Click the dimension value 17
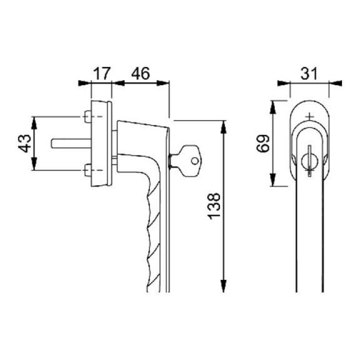coord(102,74)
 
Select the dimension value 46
coord(140,74)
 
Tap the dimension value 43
coord(24,144)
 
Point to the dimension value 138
coord(214,206)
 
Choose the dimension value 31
coord(309,74)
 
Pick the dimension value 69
coord(262,144)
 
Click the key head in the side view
coord(189,161)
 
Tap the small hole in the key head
coord(195,161)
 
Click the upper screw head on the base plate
coord(87,117)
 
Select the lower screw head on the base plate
coord(87,170)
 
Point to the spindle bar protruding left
coord(71,144)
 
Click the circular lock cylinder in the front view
coord(309,161)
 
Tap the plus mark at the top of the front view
coord(309,116)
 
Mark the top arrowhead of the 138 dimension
coord(223,127)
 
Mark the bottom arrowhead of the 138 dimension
coord(223,286)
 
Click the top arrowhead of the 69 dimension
coord(272,107)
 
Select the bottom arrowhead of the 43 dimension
coord(34,164)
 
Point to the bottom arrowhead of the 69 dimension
coord(272,180)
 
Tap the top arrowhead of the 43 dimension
coord(34,123)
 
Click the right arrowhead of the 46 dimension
coord(162,83)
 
